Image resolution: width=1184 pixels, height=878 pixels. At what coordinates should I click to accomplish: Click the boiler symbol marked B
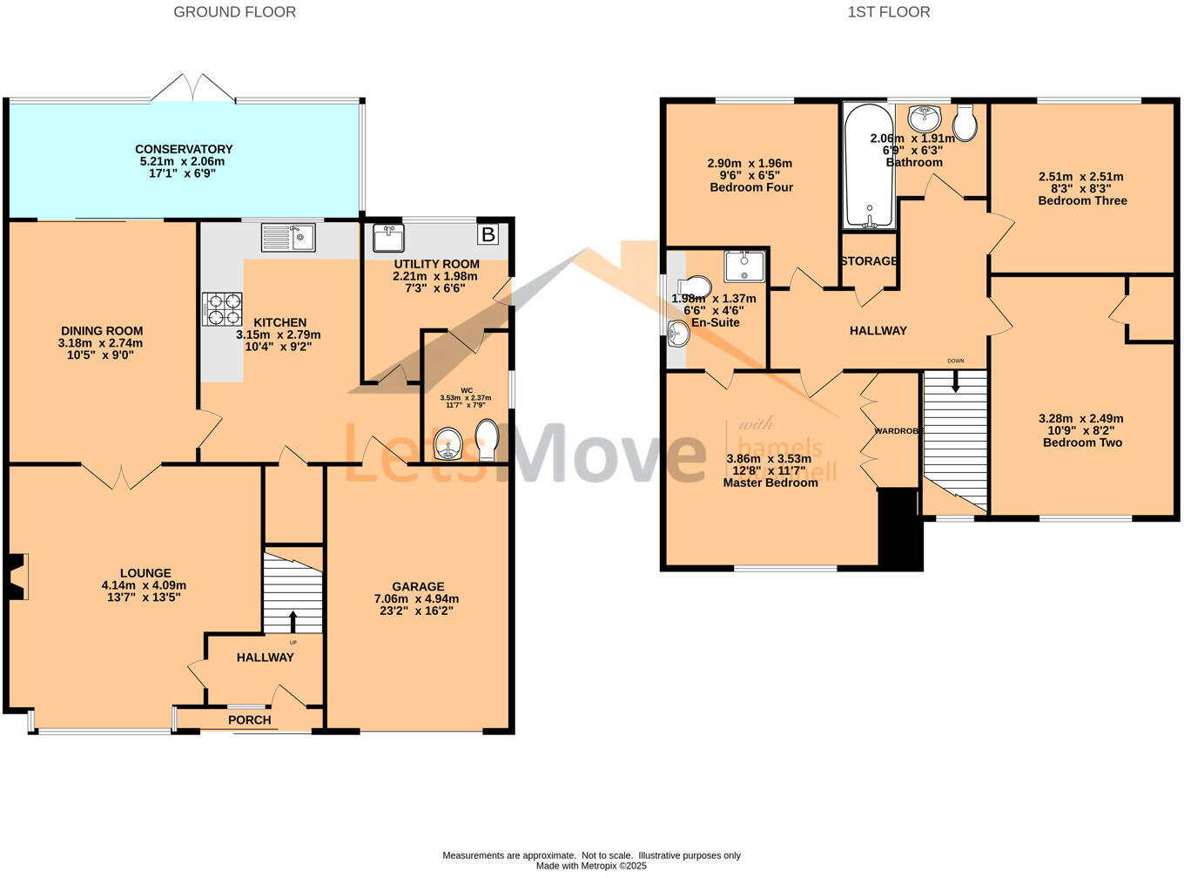tap(488, 234)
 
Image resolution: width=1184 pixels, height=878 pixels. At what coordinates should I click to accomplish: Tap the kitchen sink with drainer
tap(288, 237)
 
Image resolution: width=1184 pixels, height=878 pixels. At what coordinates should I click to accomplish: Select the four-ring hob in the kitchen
tap(222, 307)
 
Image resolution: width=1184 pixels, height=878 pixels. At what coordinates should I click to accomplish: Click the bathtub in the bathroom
tap(868, 165)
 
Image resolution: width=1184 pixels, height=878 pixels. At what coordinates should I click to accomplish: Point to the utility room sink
tap(387, 237)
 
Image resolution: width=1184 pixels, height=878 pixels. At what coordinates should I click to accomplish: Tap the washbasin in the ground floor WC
tap(449, 444)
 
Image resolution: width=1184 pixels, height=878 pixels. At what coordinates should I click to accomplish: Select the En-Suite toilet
tap(694, 287)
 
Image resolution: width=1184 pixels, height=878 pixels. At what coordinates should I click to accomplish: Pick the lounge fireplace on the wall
tap(17, 577)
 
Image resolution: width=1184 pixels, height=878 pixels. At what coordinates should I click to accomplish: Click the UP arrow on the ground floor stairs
tap(293, 621)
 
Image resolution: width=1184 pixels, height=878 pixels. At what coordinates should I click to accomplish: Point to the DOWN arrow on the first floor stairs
tap(956, 381)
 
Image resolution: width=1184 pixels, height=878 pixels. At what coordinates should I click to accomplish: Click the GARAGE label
tap(418, 586)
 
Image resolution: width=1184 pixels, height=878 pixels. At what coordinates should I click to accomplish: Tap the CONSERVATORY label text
tap(184, 149)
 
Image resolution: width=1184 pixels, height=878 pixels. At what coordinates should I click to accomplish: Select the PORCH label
tap(250, 719)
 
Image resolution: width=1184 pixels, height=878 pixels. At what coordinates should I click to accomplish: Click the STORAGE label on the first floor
tap(869, 261)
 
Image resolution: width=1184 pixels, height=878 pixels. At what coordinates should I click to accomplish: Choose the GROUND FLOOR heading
tap(234, 12)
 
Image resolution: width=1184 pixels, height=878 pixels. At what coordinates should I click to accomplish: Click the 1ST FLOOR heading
tap(888, 12)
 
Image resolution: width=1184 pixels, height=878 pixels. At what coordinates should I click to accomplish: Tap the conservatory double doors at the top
tap(192, 87)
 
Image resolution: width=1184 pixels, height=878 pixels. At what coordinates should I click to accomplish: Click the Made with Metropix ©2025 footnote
tap(591, 866)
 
